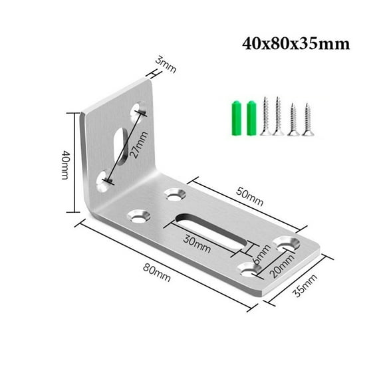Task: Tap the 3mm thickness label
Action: point(166,65)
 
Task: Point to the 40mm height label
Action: point(65,162)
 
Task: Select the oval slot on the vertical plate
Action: point(120,142)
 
